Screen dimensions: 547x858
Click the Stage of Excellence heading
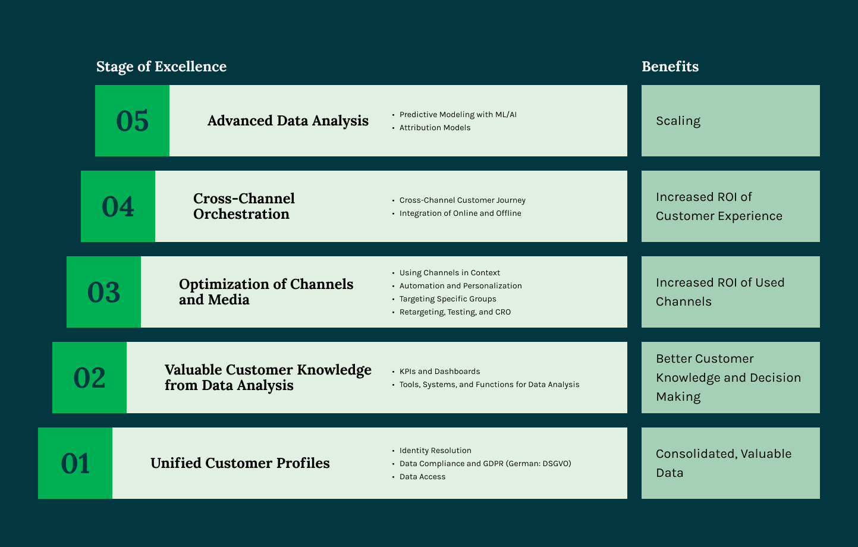161,67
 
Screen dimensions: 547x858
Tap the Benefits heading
670,67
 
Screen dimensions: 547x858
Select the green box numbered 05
132,121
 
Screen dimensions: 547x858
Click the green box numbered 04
118,206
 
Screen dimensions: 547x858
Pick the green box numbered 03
103,292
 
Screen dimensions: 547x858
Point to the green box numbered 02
89,378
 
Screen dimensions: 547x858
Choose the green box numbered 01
75,463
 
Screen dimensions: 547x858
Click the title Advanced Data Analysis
288,121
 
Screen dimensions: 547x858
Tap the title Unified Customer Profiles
240,463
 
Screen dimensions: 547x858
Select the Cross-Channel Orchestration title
244,206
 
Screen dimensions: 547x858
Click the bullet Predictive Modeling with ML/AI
458,115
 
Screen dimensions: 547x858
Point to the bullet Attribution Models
435,128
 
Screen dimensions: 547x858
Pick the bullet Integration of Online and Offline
460,213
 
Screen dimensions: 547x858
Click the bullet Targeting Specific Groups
448,299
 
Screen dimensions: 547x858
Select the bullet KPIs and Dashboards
439,372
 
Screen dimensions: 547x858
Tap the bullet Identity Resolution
435,451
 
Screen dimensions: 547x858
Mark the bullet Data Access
422,477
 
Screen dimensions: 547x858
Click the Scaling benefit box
730,121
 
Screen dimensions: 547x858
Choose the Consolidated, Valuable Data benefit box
730,463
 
